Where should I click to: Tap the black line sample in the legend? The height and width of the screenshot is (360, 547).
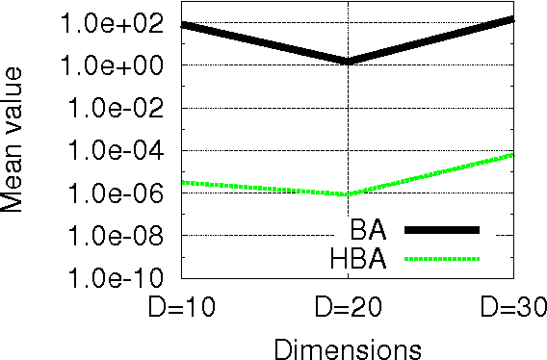click(x=441, y=229)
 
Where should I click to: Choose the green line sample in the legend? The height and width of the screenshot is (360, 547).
click(x=441, y=257)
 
